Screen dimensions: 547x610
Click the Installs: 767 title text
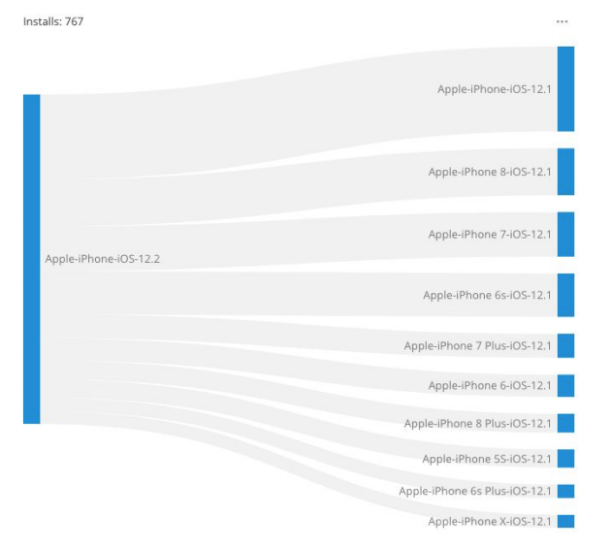coord(53,21)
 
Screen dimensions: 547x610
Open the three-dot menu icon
coord(562,21)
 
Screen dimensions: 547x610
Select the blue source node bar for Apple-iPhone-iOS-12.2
coord(31,259)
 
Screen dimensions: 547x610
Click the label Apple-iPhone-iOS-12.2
coord(103,259)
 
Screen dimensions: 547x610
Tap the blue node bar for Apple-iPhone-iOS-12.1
coord(565,88)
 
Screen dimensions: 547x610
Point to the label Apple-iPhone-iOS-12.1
coord(495,89)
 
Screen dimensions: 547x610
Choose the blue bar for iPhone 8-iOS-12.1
coord(565,172)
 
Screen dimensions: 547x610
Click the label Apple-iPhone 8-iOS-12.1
coord(490,173)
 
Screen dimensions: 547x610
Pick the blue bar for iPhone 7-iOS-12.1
coord(565,234)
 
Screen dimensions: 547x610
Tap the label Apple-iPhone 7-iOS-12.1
coord(490,234)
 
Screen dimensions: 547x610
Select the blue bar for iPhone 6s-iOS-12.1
coord(565,295)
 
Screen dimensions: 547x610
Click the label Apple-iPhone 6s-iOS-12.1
coord(487,295)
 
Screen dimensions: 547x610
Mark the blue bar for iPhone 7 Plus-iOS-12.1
coord(565,345)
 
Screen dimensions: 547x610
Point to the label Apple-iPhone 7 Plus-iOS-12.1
coord(477,345)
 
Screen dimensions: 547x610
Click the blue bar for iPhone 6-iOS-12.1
coord(565,385)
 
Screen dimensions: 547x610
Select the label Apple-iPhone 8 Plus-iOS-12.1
coord(477,423)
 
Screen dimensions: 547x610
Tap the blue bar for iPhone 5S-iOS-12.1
coord(565,458)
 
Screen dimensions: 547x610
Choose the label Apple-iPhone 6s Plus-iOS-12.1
coord(475,491)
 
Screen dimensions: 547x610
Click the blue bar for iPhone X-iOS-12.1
coord(565,522)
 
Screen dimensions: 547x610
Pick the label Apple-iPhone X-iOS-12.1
coord(490,522)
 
